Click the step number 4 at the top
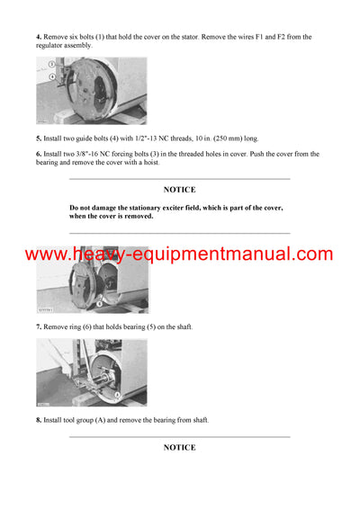(39, 37)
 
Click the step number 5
(39, 138)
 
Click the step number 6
(39, 155)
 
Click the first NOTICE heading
(179, 191)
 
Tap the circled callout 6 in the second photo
(112, 302)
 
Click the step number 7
(39, 326)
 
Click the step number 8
(39, 420)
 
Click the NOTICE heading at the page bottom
(179, 447)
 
